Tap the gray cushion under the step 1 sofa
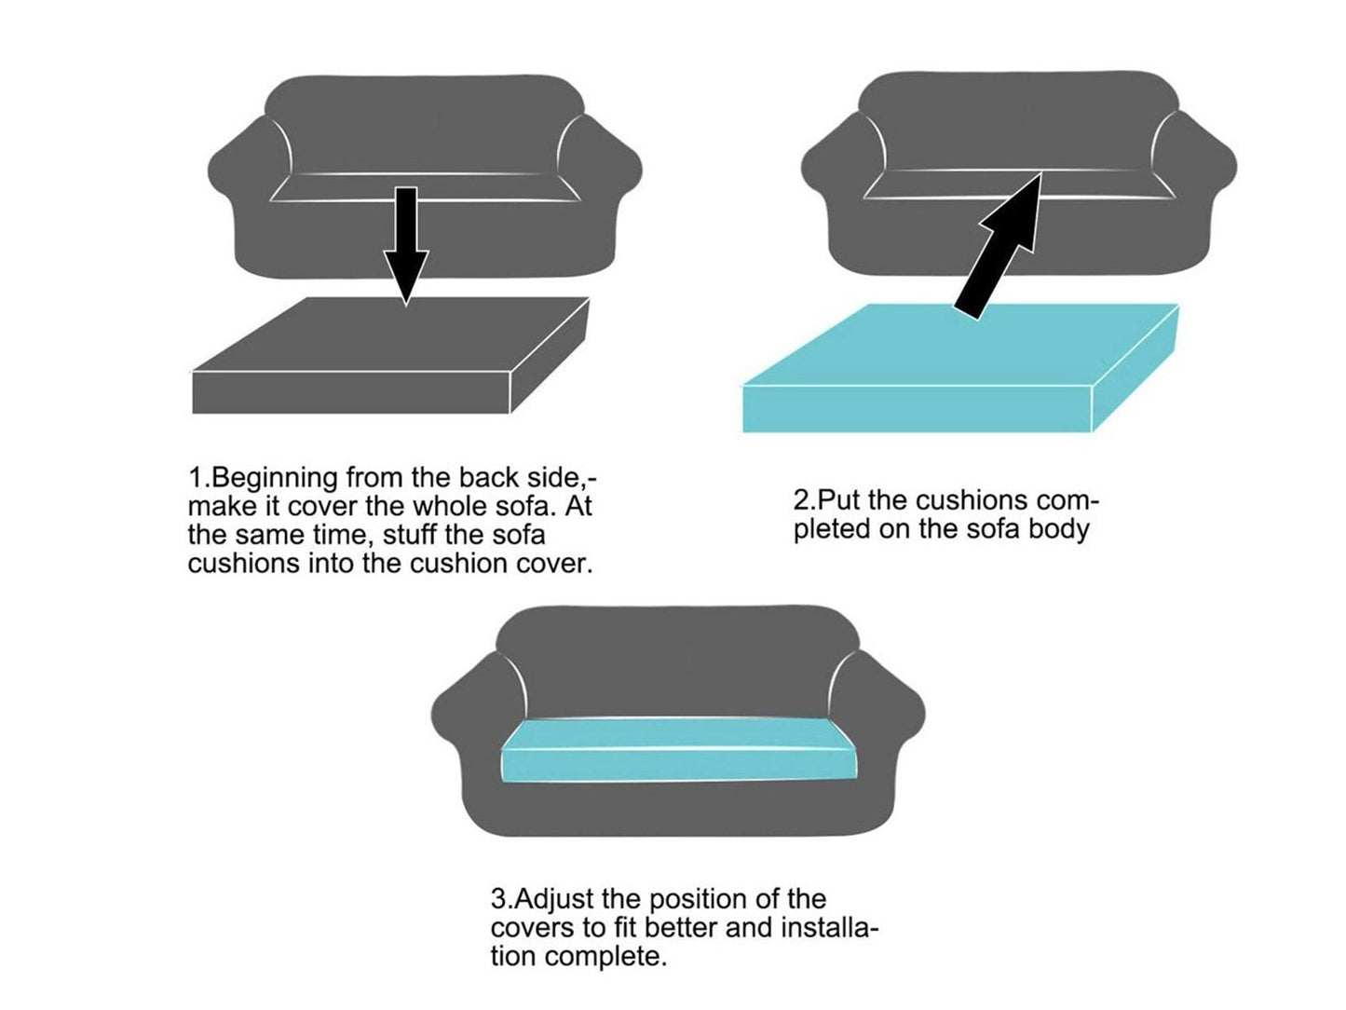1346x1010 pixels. click(391, 358)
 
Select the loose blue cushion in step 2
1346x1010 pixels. click(959, 373)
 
